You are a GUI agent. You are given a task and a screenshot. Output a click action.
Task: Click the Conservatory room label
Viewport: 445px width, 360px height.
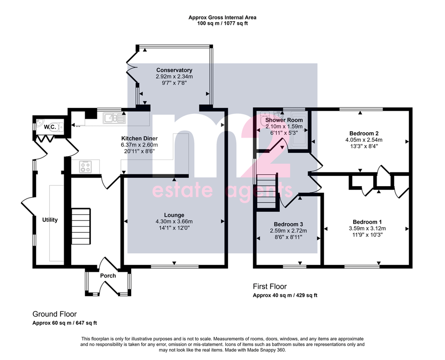click(x=174, y=70)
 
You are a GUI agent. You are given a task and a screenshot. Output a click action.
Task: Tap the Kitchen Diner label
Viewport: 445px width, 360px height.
click(x=139, y=139)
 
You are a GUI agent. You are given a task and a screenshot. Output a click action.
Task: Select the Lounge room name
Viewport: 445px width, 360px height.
click(x=174, y=215)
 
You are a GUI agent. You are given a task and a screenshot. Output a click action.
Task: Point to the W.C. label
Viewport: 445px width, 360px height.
click(x=50, y=127)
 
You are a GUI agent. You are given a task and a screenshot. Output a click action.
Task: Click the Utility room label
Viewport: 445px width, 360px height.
click(x=50, y=220)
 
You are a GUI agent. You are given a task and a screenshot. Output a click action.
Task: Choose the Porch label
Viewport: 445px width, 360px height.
click(x=108, y=276)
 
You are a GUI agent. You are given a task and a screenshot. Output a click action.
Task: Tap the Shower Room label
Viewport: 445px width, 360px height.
click(x=284, y=120)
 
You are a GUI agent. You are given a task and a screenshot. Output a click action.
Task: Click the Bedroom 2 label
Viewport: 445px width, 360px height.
click(x=364, y=134)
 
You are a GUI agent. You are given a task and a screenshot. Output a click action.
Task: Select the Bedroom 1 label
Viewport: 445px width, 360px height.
click(x=367, y=222)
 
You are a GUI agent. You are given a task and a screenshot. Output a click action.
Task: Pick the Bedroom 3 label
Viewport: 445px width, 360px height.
click(x=289, y=225)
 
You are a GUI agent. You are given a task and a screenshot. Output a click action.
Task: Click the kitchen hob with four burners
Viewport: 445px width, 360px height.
click(x=85, y=167)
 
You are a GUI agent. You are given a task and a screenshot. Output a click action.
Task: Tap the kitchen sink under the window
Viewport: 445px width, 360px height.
click(x=114, y=118)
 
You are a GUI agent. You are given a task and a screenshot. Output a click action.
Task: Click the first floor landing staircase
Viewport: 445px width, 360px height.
click(x=267, y=192)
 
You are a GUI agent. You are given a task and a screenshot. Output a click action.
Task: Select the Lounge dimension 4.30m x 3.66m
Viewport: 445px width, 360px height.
click(x=174, y=221)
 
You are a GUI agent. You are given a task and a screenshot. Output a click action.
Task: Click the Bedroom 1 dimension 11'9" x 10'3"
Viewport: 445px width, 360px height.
click(x=367, y=235)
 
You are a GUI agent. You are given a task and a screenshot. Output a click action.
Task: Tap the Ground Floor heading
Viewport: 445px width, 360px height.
click(x=54, y=314)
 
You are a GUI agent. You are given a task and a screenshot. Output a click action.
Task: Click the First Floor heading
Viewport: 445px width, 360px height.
click(x=270, y=286)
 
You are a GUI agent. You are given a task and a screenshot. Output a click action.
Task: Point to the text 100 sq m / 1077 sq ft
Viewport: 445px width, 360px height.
click(x=222, y=23)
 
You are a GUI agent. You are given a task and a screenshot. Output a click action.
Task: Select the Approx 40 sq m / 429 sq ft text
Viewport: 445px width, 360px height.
click(x=285, y=295)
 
